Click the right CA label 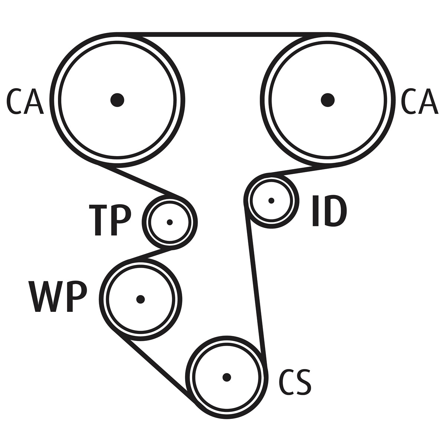420,101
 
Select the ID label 329,210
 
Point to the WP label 58,297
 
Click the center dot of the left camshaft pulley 117,100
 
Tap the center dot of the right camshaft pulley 328,100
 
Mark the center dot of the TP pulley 169,222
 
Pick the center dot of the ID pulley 271,201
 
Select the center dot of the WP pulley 140,299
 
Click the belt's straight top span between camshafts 223,35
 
